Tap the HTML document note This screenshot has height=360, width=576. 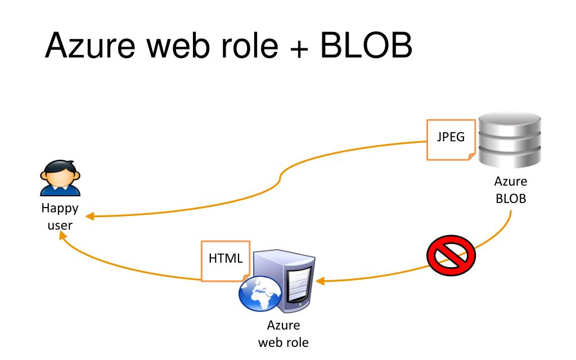(x=224, y=260)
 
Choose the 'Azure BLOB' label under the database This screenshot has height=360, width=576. (x=511, y=191)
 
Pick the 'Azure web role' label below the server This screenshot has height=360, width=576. (x=282, y=334)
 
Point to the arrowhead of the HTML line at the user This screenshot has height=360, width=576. (x=64, y=240)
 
